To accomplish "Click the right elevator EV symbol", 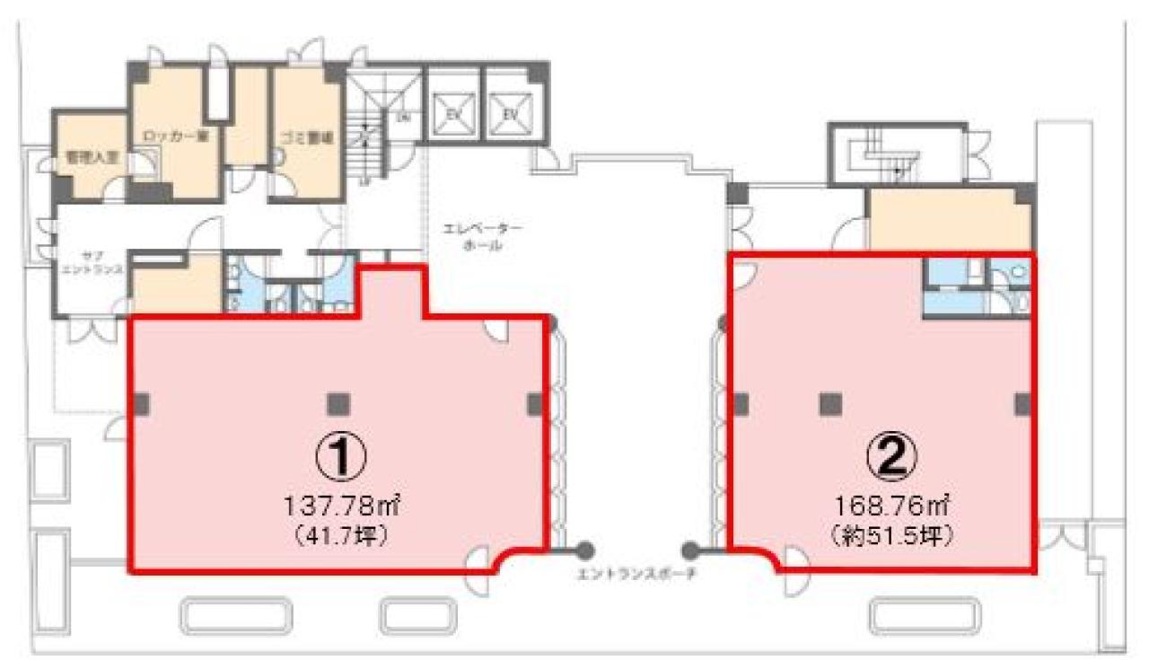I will coord(509,115).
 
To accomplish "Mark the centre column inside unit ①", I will coord(338,404).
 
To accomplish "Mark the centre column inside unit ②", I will coord(829,404).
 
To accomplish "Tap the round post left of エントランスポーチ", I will coord(584,549).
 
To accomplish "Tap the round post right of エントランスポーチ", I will coord(690,549).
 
